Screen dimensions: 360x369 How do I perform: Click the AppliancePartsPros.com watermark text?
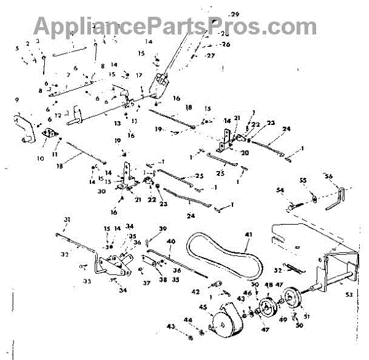point(175,26)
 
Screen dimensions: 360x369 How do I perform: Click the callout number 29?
point(234,14)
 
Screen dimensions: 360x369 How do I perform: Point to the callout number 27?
point(211,55)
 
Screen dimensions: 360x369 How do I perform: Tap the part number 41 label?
point(248,234)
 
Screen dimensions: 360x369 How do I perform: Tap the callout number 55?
point(303,180)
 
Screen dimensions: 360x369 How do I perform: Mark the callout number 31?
point(67,220)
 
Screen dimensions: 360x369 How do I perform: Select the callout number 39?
point(162,228)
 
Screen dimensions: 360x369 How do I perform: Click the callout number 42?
point(196,291)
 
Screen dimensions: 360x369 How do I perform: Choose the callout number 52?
point(278,270)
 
